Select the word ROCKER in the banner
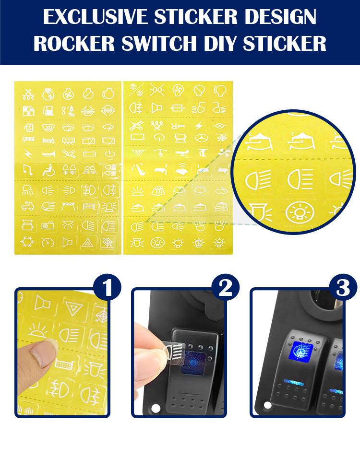(x=74, y=44)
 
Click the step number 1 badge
(x=107, y=288)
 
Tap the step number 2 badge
(x=225, y=288)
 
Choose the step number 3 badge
(x=343, y=288)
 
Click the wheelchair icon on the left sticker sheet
(x=48, y=170)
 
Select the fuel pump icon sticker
(x=48, y=110)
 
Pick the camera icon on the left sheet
(x=48, y=225)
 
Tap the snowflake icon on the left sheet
(x=28, y=242)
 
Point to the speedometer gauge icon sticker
(x=48, y=243)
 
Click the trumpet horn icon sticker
(x=48, y=153)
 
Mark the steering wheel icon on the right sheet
(x=201, y=138)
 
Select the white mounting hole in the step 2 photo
(x=156, y=408)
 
